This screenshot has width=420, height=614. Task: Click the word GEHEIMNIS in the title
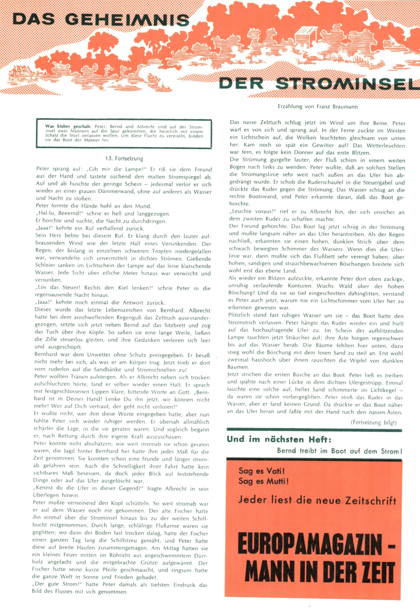click(x=127, y=20)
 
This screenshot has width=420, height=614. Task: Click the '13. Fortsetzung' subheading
click(x=124, y=159)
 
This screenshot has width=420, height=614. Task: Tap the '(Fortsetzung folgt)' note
click(x=373, y=422)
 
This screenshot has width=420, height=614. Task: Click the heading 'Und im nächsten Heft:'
click(x=279, y=439)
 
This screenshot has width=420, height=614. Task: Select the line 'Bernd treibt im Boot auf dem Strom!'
click(x=339, y=451)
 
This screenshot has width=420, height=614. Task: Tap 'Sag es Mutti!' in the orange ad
click(x=263, y=481)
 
